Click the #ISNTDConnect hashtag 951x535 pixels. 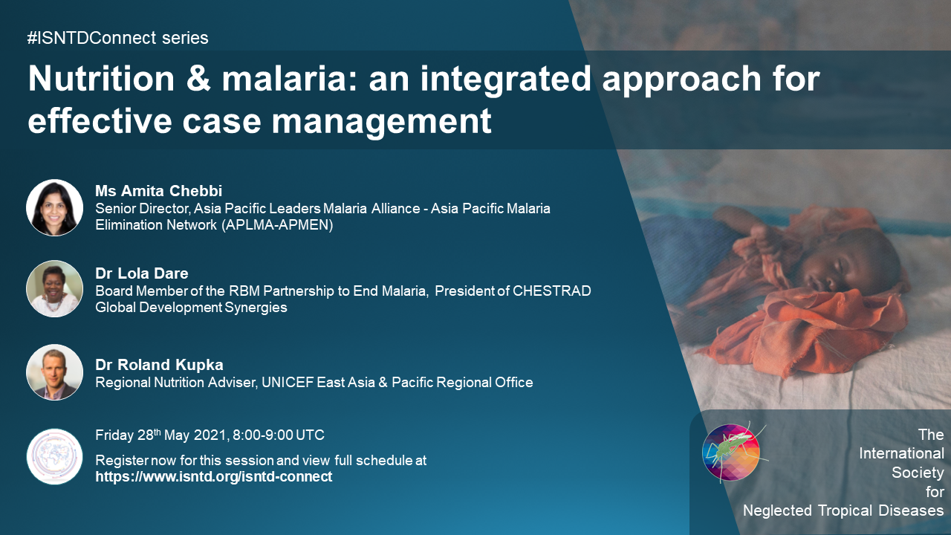click(91, 38)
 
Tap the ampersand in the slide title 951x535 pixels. click(198, 79)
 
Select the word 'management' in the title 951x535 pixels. click(381, 122)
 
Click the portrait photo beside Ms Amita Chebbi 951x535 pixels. click(54, 207)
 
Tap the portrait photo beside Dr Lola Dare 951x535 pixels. click(54, 289)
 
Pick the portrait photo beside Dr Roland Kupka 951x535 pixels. click(54, 372)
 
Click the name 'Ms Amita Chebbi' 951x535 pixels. click(158, 191)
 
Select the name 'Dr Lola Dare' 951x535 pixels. click(141, 273)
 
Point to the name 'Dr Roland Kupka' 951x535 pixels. click(159, 365)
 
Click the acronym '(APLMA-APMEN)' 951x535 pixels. click(277, 224)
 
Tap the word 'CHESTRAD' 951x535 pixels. click(552, 291)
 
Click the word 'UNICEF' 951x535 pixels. click(288, 383)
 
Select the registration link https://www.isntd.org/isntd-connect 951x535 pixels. click(213, 477)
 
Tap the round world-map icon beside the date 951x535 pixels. click(54, 456)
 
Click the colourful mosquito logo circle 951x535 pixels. click(730, 453)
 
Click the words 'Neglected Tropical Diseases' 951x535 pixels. click(843, 510)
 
